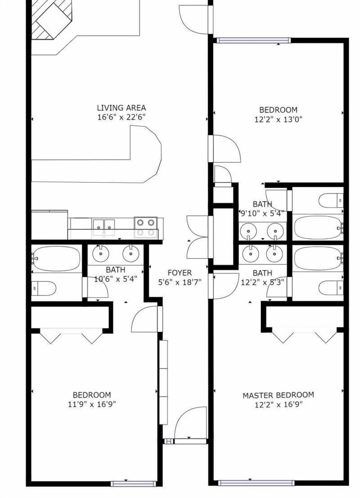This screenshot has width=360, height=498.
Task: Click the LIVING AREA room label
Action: pyautogui.click(x=121, y=108)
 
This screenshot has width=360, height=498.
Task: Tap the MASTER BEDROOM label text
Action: pyautogui.click(x=278, y=395)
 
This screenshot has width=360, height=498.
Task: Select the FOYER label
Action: pyautogui.click(x=180, y=273)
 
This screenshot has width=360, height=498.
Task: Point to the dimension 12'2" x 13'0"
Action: pyautogui.click(x=278, y=119)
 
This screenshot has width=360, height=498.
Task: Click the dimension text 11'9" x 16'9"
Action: pyautogui.click(x=91, y=404)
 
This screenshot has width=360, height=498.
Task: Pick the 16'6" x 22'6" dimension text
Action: pyautogui.click(x=121, y=117)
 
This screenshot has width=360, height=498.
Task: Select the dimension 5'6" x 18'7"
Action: pyautogui.click(x=180, y=282)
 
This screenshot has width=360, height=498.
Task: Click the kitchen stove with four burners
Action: pyautogui.click(x=146, y=227)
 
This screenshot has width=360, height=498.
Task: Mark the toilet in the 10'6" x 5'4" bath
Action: pyautogui.click(x=43, y=288)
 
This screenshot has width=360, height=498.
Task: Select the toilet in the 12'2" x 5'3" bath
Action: pyautogui.click(x=330, y=288)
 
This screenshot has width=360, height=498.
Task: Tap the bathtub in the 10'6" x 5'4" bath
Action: pyautogui.click(x=56, y=258)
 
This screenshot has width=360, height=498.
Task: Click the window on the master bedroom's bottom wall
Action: pyautogui.click(x=256, y=483)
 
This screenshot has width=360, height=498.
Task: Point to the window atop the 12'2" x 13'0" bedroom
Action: pyautogui.click(x=253, y=41)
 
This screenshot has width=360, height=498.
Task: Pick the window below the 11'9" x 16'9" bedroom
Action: pyautogui.click(x=132, y=483)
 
